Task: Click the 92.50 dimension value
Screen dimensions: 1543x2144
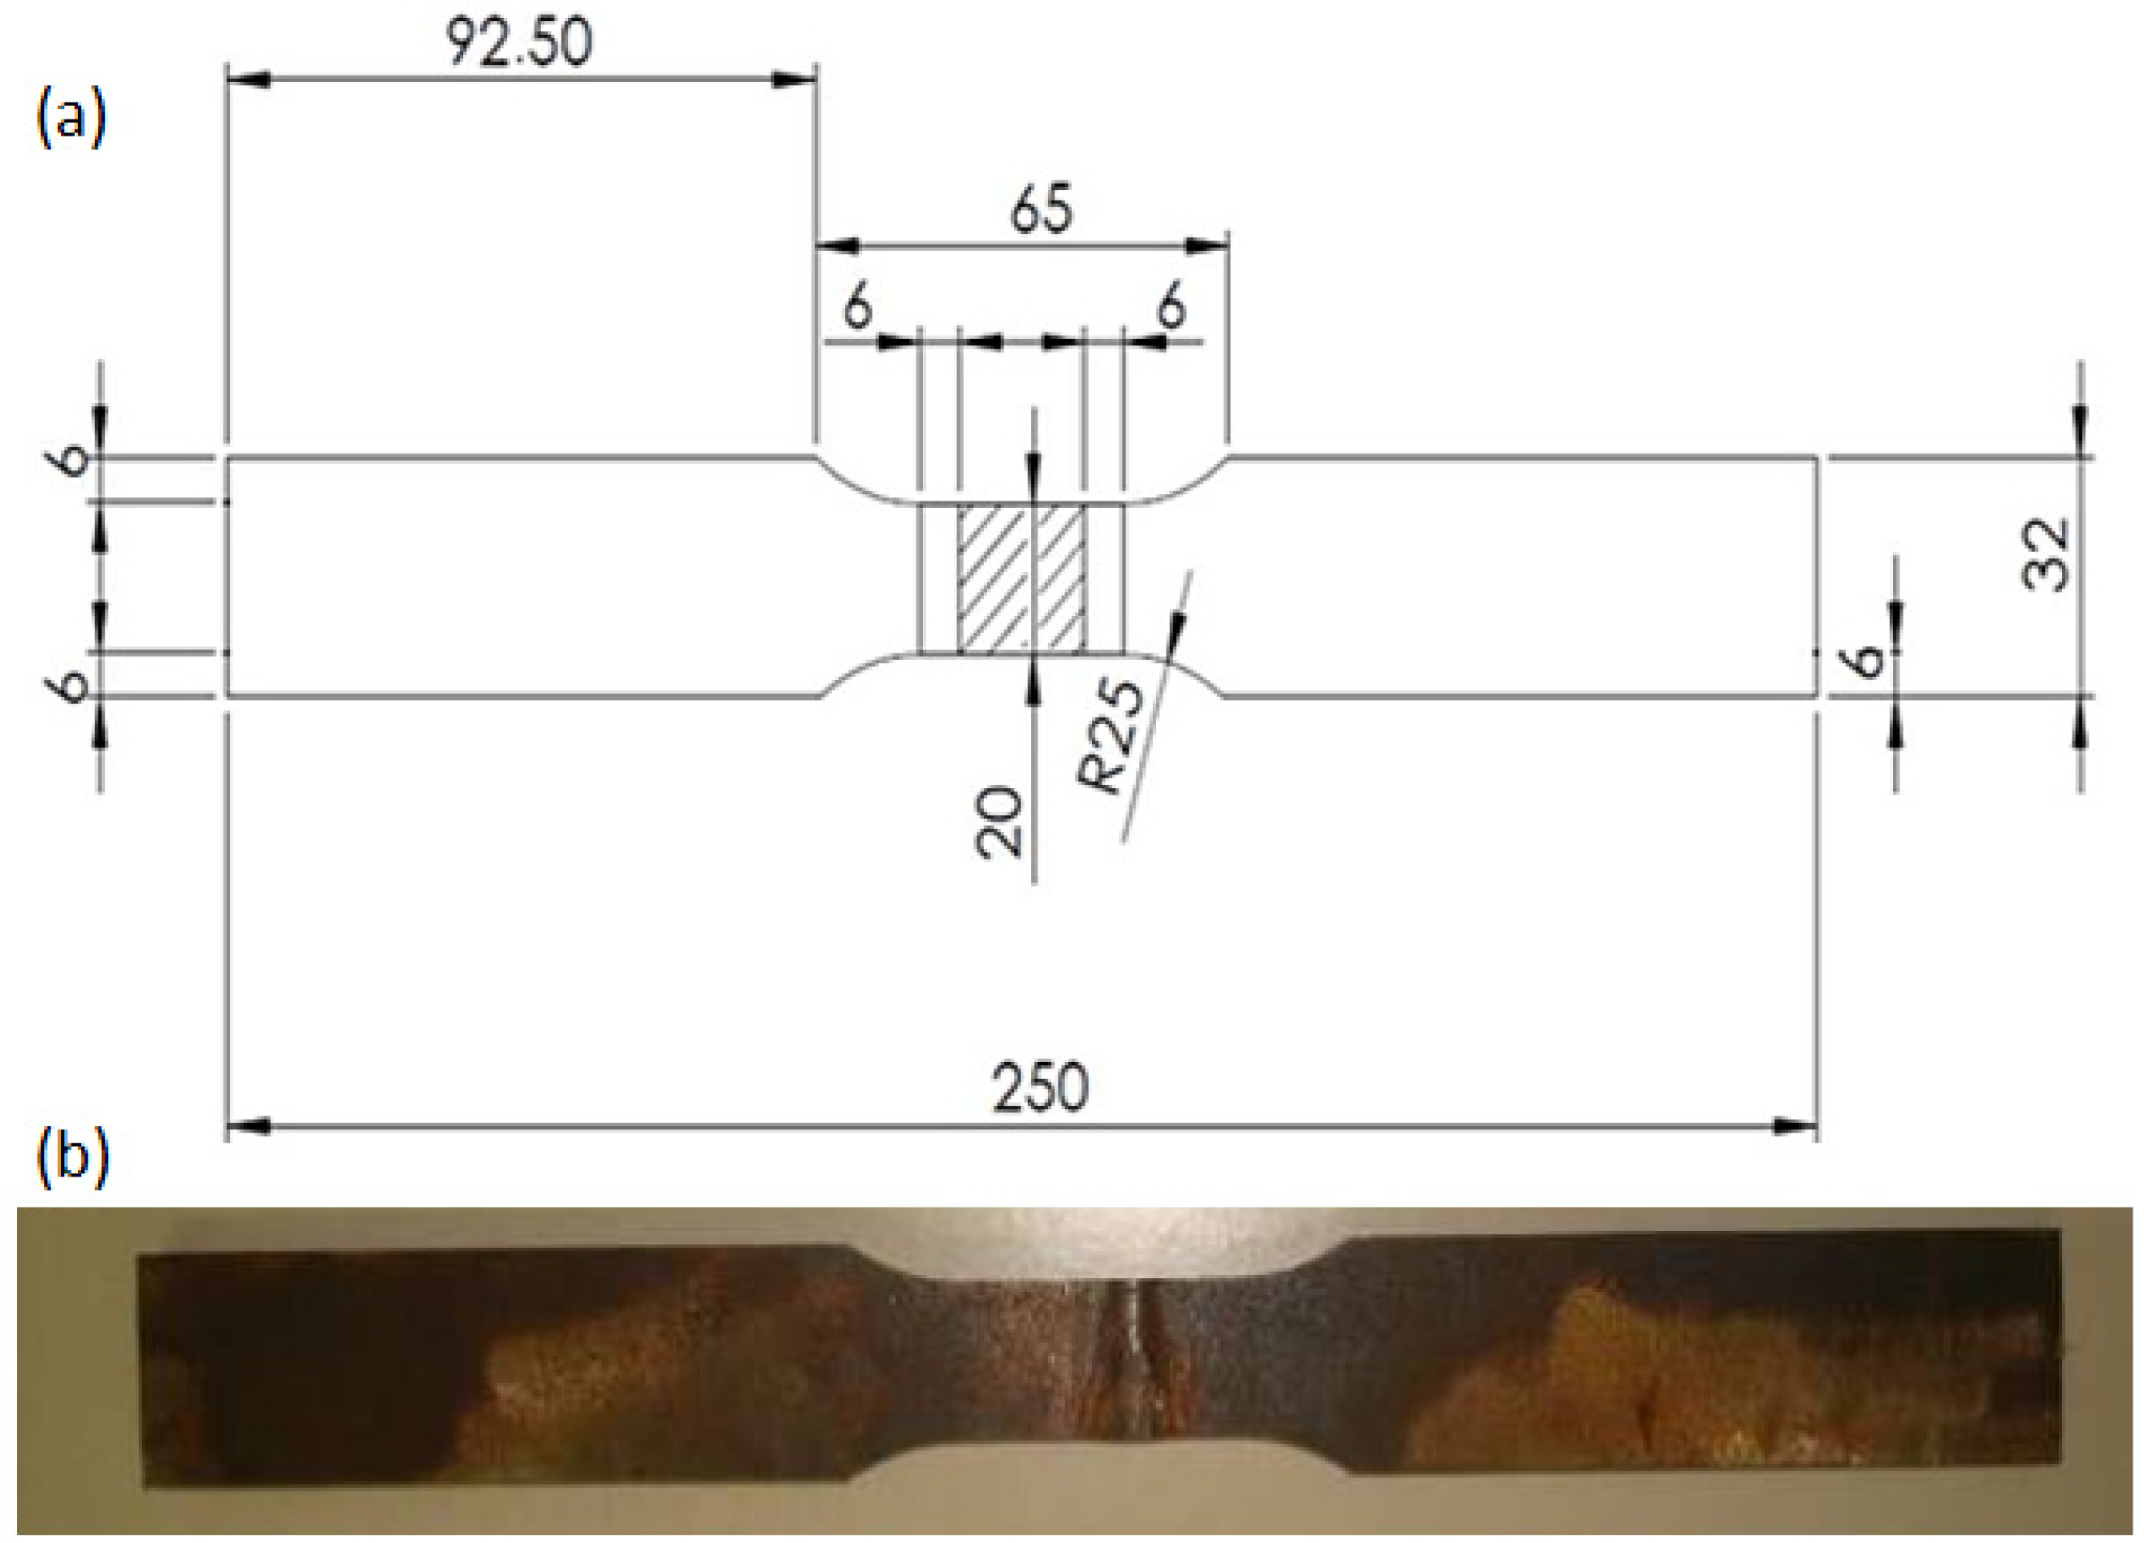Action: click(519, 42)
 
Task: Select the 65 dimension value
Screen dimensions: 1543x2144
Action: click(1041, 209)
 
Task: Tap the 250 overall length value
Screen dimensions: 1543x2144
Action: click(1040, 1087)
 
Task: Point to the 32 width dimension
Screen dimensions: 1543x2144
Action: click(2046, 555)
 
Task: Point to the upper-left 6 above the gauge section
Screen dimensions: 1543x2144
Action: click(857, 308)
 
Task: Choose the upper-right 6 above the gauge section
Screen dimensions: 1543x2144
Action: click(1172, 308)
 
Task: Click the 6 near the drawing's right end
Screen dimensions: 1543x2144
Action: click(1867, 661)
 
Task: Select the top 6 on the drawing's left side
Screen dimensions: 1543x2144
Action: click(71, 461)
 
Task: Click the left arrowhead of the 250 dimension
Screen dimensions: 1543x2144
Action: click(249, 1127)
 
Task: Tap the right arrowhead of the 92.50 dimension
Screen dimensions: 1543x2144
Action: click(794, 80)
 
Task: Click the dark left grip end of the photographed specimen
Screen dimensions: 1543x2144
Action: click(284, 1371)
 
